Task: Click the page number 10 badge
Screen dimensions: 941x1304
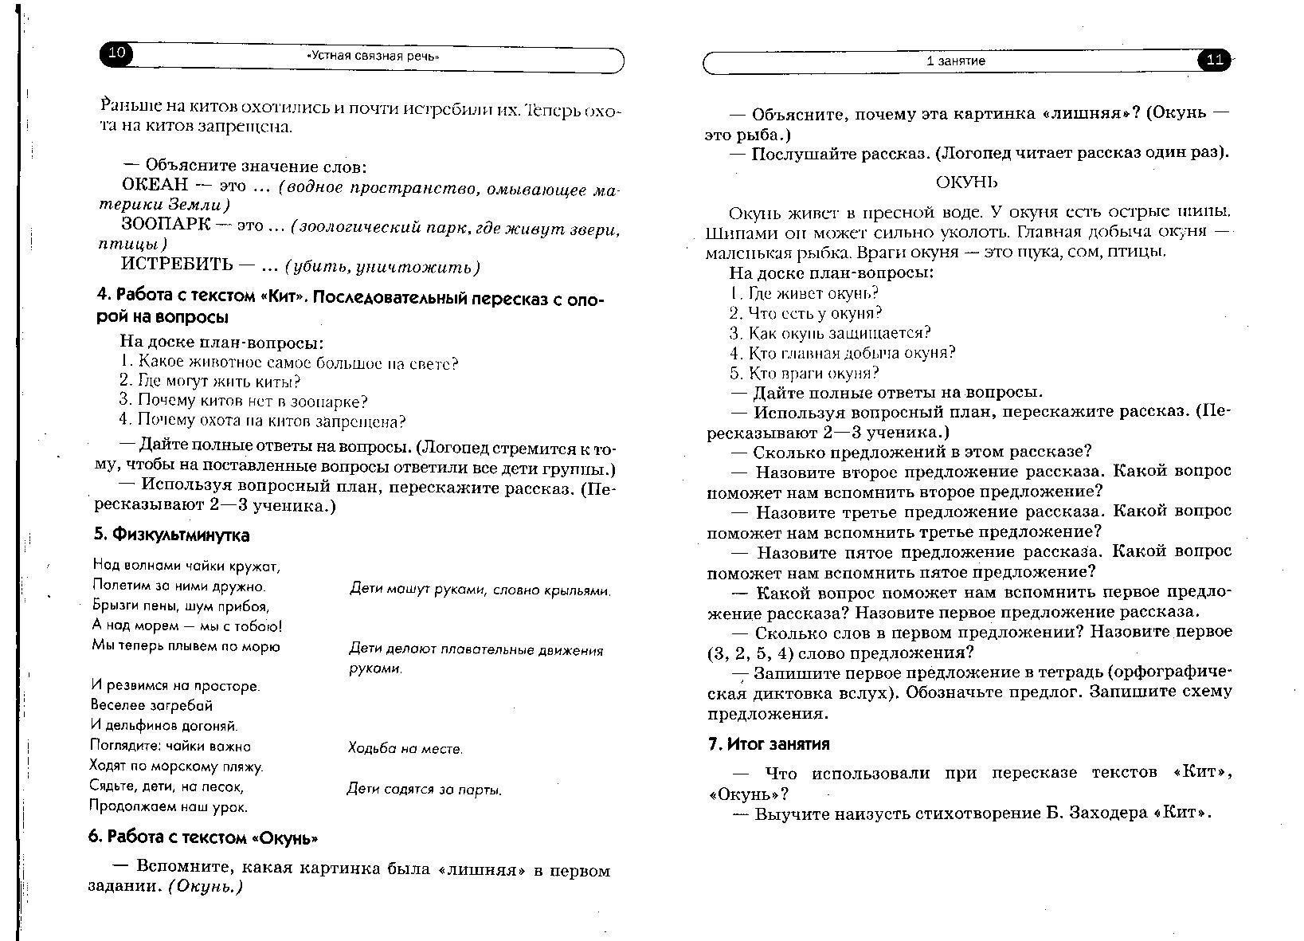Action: point(116,53)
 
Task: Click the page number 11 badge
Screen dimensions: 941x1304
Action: point(1214,61)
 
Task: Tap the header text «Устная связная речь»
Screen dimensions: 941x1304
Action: point(373,57)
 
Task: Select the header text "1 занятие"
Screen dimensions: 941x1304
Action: point(955,61)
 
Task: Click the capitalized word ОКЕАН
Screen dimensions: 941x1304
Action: point(155,185)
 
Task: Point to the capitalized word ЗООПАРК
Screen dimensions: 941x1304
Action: point(166,225)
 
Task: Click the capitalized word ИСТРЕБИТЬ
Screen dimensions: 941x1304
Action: point(177,265)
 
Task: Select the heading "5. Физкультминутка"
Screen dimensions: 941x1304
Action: point(172,535)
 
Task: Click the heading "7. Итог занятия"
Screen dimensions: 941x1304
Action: point(769,744)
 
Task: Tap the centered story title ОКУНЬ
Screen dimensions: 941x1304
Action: point(965,182)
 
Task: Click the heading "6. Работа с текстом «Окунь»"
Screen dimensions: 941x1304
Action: point(203,837)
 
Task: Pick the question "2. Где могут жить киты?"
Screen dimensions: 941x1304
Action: point(210,382)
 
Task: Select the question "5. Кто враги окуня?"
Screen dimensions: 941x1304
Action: point(804,373)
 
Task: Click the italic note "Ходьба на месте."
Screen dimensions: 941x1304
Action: point(405,748)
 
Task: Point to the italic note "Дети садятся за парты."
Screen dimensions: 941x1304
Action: point(425,790)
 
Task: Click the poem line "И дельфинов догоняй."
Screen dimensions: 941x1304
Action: point(164,726)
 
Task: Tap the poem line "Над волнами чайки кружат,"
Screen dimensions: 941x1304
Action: point(186,567)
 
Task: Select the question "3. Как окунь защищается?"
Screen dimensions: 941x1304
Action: point(829,333)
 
